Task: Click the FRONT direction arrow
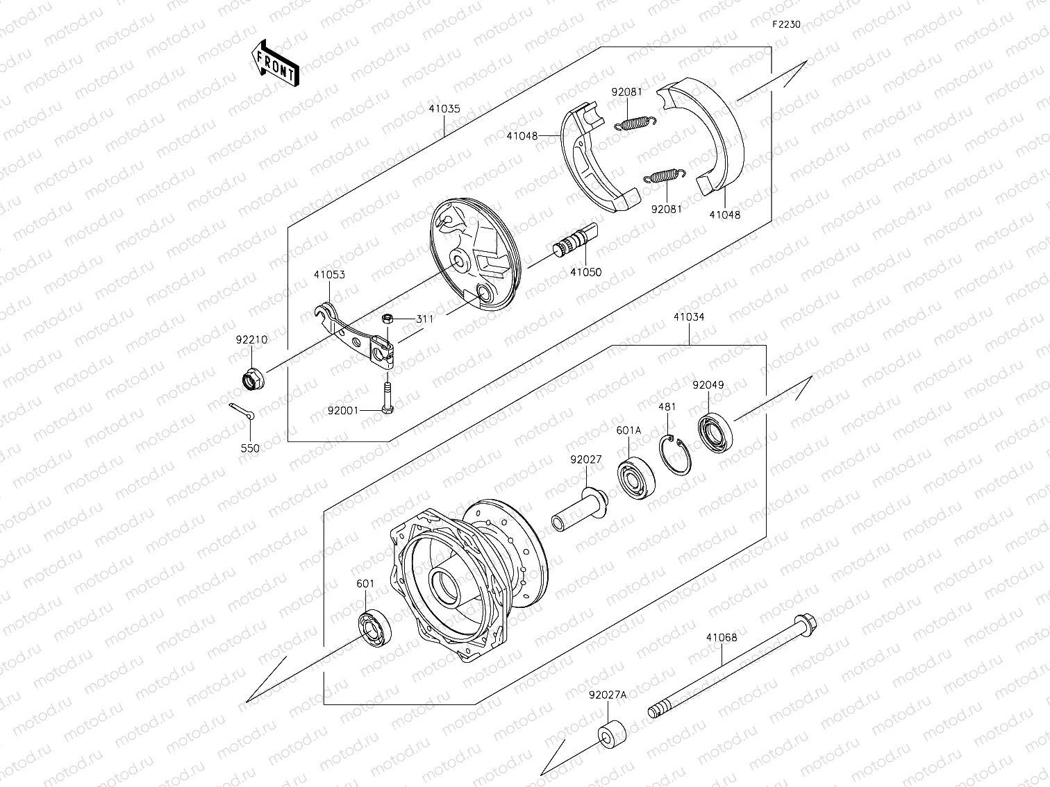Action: (274, 63)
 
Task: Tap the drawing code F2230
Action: (786, 24)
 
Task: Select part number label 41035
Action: (444, 110)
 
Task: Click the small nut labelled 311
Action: (389, 319)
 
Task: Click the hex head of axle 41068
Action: (806, 624)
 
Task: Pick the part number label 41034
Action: (688, 317)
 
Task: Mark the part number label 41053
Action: (329, 275)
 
